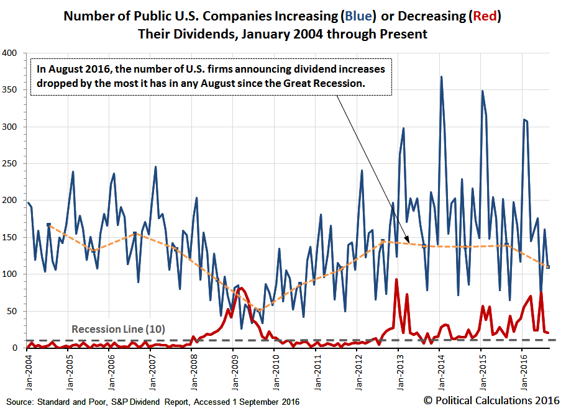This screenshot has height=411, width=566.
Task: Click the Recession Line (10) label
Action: tap(118, 329)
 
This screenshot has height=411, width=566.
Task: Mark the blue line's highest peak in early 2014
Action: tap(441, 77)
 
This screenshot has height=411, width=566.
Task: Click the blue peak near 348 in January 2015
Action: tap(482, 91)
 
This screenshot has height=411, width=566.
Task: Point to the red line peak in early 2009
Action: tap(242, 288)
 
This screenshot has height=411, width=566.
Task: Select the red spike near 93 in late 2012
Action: tap(396, 279)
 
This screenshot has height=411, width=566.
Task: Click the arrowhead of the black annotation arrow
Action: tap(408, 242)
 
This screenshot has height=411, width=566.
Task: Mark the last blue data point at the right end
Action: tap(548, 267)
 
